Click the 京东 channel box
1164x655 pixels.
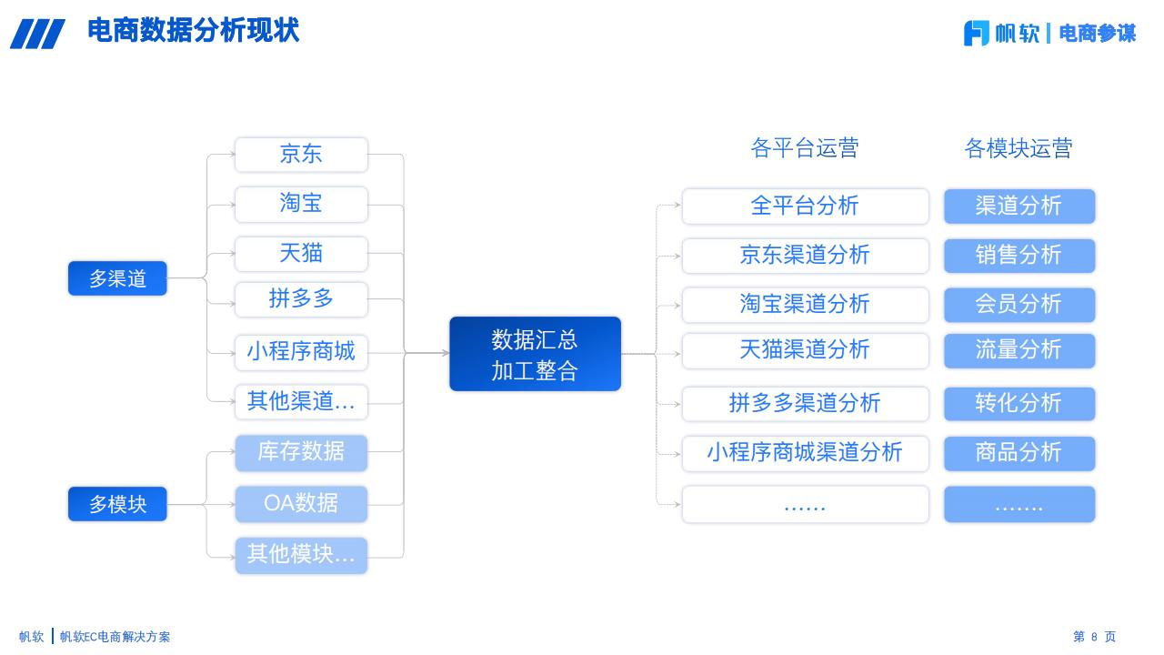point(301,155)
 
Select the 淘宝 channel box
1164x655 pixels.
point(301,205)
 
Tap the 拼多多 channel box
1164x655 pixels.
point(301,299)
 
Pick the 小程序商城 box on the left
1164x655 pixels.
point(301,352)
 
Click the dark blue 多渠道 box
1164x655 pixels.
point(117,278)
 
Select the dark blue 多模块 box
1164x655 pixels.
point(117,504)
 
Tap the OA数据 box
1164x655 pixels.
point(301,504)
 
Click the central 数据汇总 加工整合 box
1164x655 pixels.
point(536,354)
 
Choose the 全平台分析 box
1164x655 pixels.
point(805,206)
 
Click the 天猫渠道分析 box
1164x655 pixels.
point(805,350)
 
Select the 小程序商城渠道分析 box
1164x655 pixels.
point(805,453)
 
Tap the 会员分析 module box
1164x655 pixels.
point(1019,305)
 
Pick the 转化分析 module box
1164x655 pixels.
point(1019,403)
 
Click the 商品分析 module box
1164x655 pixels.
point(1019,453)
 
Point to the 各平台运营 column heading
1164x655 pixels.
point(805,148)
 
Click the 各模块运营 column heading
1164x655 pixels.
point(1018,148)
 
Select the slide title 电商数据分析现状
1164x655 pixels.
point(194,30)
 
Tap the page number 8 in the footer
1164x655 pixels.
point(1094,637)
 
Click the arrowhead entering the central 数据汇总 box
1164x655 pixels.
point(446,353)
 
